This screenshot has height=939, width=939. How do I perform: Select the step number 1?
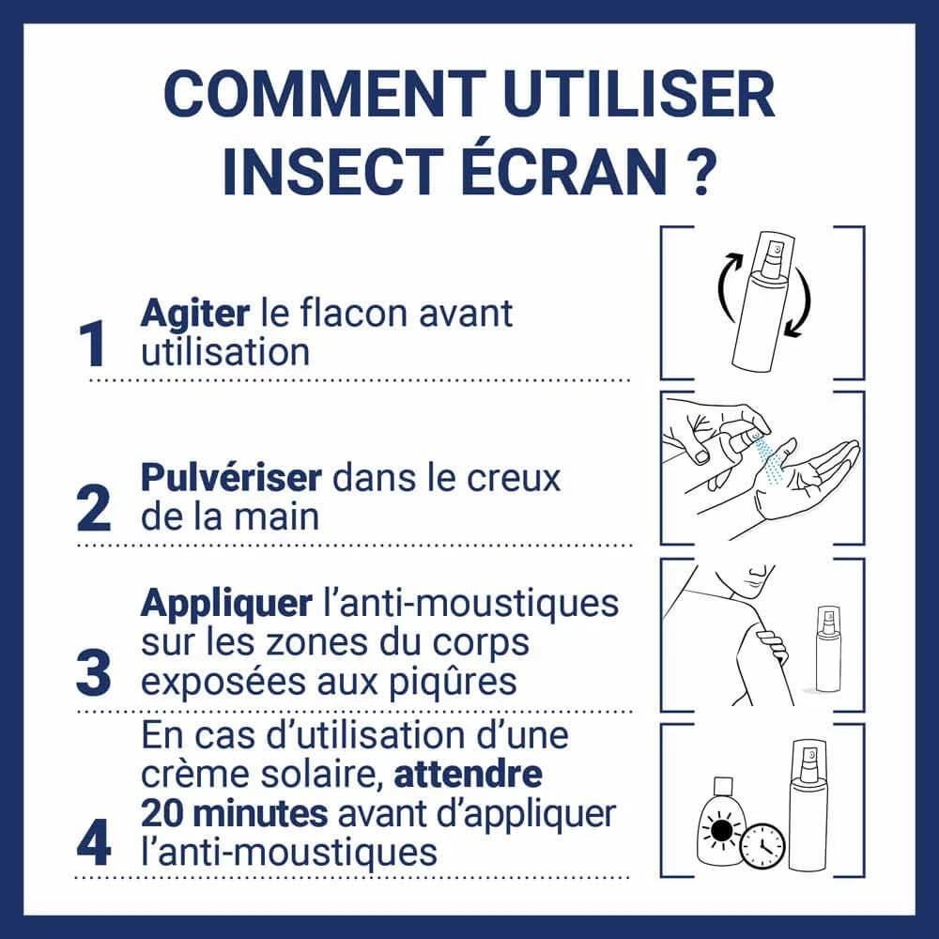tap(92, 344)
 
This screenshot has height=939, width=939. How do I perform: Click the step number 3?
tap(94, 673)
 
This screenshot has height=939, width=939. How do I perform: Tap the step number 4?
tap(94, 842)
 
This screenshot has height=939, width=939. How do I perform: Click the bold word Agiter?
tap(195, 315)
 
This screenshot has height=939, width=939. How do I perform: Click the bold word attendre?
tap(469, 774)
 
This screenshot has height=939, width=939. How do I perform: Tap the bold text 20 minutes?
tap(235, 813)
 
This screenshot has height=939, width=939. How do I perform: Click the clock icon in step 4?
tap(762, 846)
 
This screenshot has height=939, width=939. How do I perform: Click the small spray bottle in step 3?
tap(829, 649)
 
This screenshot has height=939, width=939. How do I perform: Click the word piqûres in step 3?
tap(454, 682)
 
